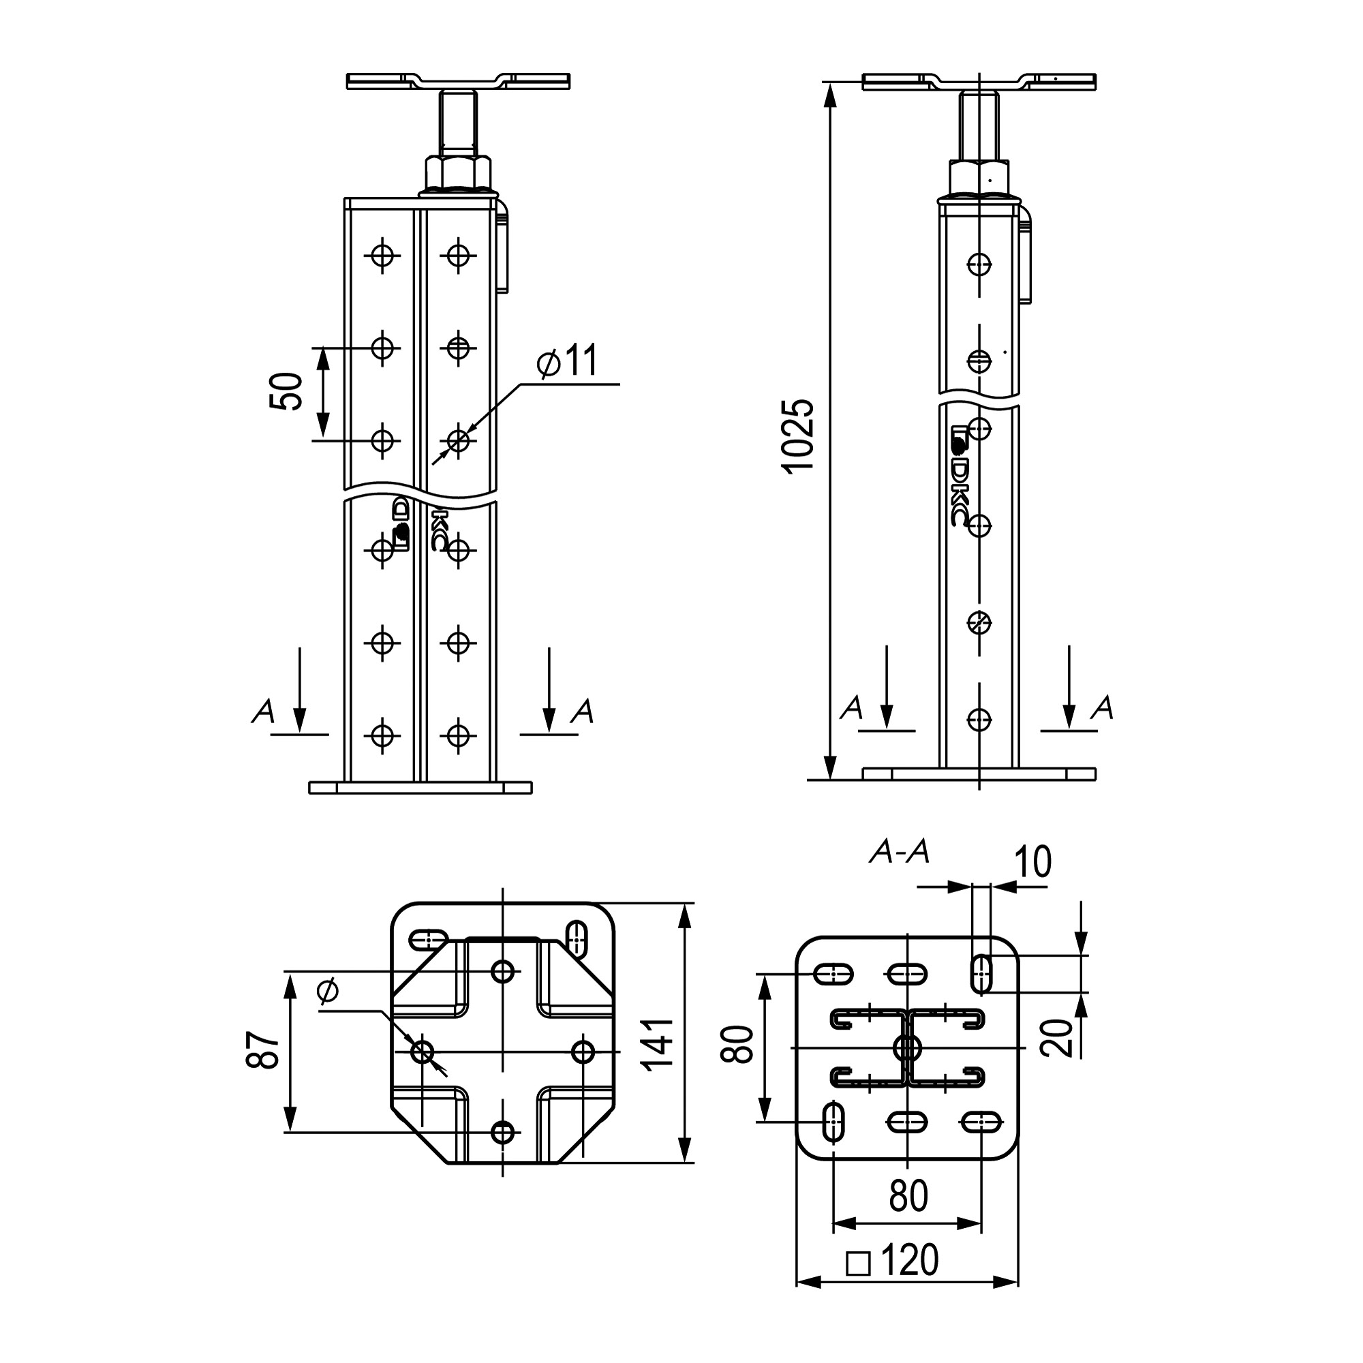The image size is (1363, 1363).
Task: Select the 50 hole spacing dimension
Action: click(x=286, y=392)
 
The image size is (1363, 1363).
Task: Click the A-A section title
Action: click(x=900, y=853)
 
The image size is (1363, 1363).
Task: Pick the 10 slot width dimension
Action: click(x=1032, y=861)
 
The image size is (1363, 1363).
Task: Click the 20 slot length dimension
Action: click(x=1058, y=1037)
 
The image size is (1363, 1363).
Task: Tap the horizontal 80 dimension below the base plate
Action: click(x=908, y=1197)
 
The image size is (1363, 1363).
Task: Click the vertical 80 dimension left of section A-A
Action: click(x=737, y=1044)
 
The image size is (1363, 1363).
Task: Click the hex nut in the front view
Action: click(x=459, y=172)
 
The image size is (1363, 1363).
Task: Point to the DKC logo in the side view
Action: click(x=960, y=475)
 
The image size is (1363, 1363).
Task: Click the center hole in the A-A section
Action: click(x=907, y=1048)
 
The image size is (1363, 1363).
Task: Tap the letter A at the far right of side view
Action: click(x=1102, y=707)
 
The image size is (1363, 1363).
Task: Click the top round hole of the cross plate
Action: click(x=503, y=971)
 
